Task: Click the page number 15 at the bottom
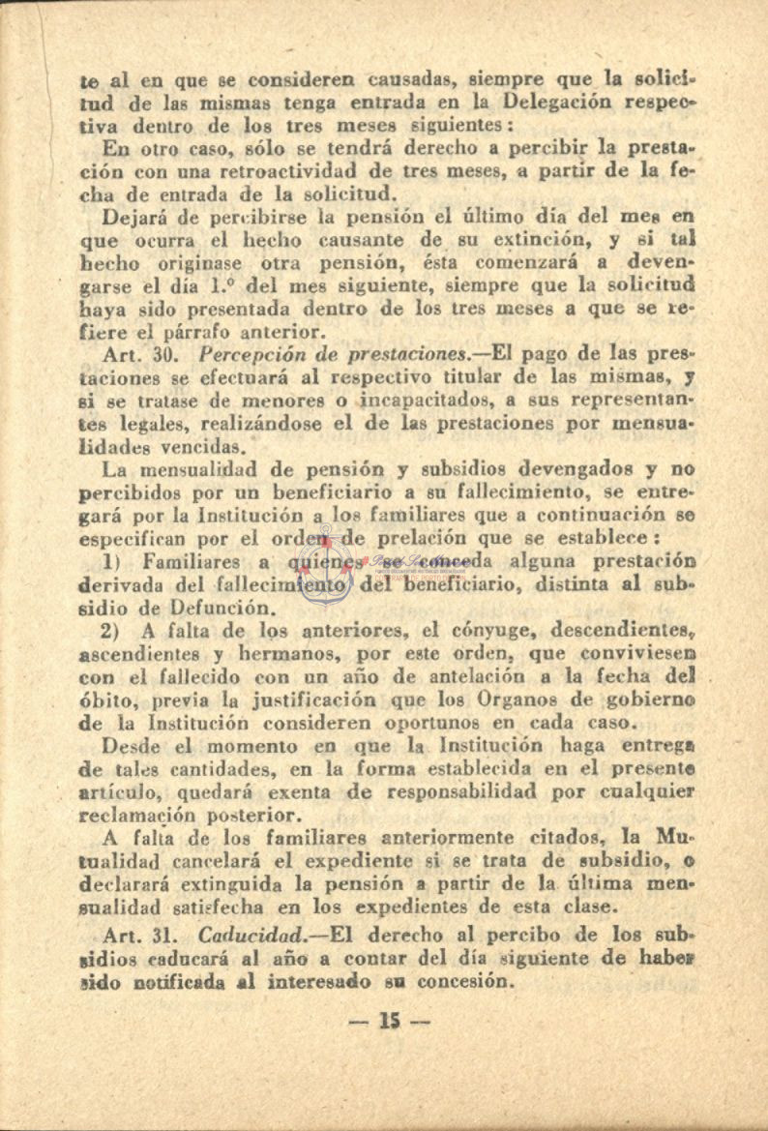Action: [x=390, y=1021]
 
